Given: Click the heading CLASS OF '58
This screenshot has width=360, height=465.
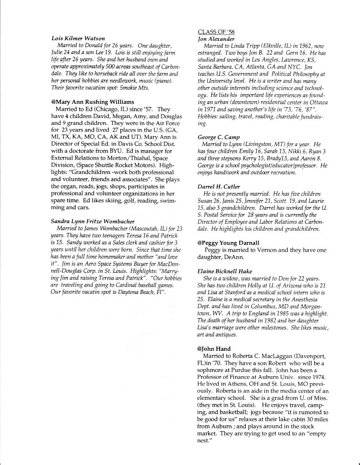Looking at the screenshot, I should [216, 32].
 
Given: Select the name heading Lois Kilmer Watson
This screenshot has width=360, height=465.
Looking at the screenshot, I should [78, 39].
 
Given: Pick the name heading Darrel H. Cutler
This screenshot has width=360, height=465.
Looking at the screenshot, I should [219, 186].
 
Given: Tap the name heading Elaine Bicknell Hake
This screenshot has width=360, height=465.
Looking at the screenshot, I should [224, 271].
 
